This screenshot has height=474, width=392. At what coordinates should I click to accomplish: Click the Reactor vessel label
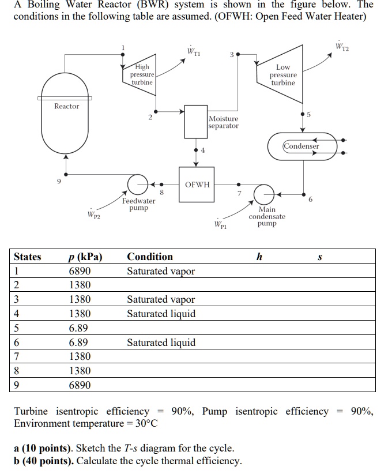coord(67,106)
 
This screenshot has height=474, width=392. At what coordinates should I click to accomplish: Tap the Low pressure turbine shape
coord(282,75)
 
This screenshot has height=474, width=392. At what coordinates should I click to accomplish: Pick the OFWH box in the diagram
coord(197,185)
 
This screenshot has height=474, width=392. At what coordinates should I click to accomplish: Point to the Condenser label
coord(301,146)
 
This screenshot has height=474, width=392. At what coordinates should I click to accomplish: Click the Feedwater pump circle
coord(138,184)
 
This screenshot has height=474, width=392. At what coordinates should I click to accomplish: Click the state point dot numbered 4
coord(196,151)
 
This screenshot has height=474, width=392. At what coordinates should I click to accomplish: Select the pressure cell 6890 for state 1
coord(80,271)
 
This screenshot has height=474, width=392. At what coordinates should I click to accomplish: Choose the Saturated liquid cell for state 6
coord(161,343)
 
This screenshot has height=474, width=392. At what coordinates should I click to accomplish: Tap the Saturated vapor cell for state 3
coord(161,299)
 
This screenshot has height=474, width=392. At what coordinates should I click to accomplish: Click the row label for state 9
coord(17,385)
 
